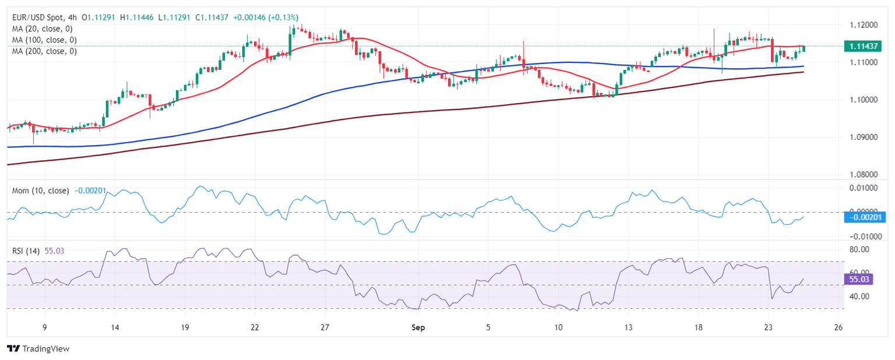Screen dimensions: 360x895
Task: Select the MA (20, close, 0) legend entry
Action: click(44, 29)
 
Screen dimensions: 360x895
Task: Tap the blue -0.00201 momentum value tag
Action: click(865, 217)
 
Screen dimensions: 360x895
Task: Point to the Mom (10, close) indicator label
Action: click(41, 190)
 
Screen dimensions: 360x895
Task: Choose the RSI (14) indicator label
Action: click(26, 251)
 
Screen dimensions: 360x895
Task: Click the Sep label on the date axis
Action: click(418, 327)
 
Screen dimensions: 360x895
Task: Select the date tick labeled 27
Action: click(325, 327)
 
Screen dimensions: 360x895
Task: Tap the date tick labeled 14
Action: click(114, 327)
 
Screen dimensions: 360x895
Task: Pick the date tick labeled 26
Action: click(838, 327)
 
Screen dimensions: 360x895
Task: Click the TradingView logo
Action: click(38, 348)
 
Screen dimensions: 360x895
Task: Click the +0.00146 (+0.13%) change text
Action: click(265, 17)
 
